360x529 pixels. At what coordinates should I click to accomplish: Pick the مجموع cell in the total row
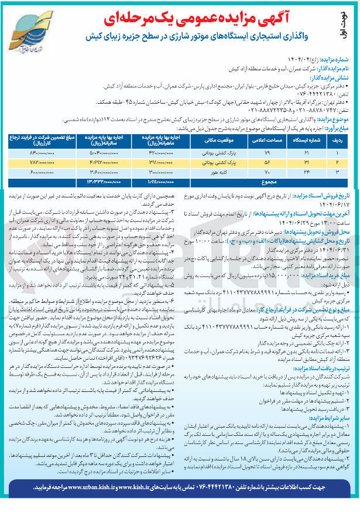coord(264,182)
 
